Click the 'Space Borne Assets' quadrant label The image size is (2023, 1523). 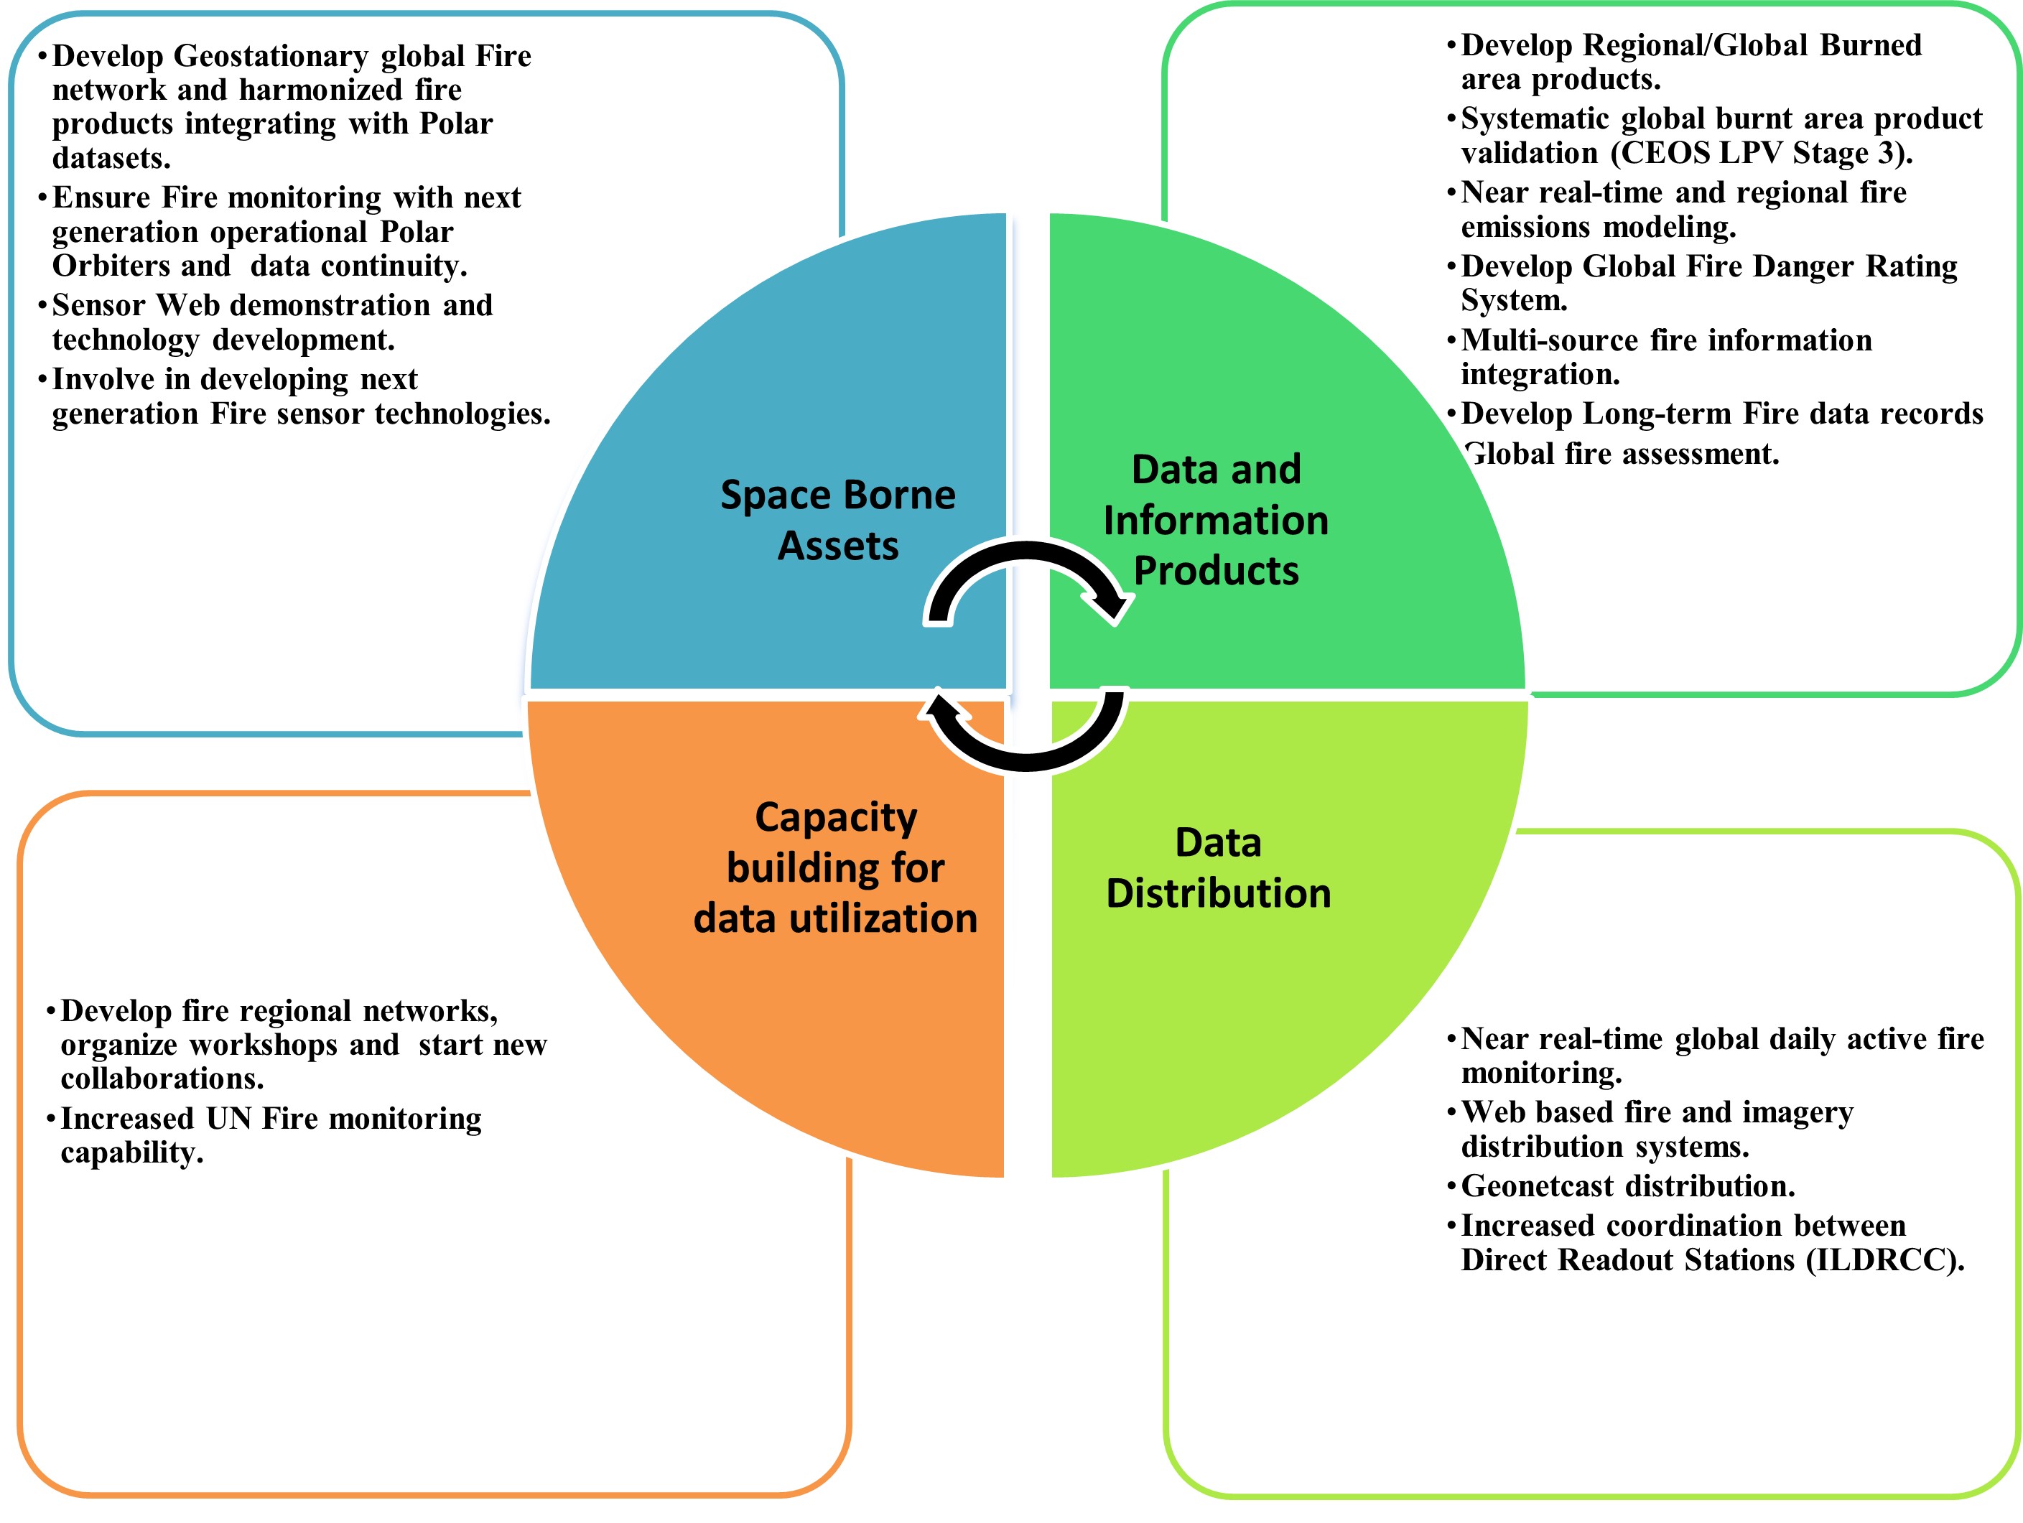click(838, 520)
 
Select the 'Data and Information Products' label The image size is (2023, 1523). click(1215, 520)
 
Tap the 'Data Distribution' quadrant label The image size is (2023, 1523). click(1218, 867)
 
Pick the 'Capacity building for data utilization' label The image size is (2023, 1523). click(836, 867)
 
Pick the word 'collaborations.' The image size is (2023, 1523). click(162, 1079)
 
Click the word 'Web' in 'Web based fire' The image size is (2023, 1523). click(1487, 1112)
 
